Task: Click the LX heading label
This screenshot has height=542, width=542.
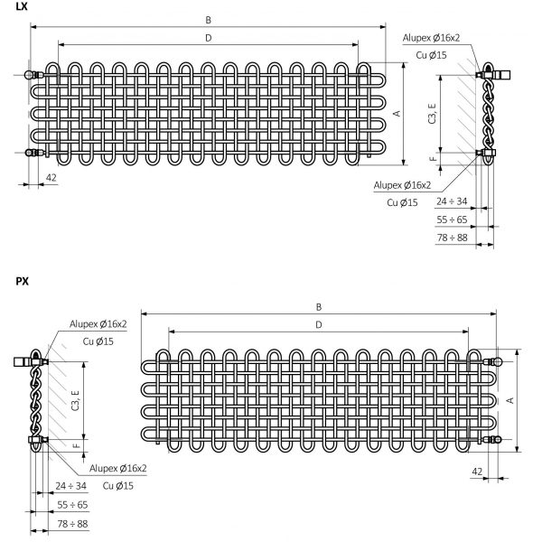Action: (22, 6)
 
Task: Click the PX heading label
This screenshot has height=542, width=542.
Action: (22, 281)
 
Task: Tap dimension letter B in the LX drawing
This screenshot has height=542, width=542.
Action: (208, 20)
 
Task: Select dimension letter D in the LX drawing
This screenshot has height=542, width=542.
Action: (208, 38)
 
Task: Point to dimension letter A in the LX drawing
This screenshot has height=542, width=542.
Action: (397, 114)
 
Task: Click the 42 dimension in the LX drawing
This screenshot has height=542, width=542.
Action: (51, 178)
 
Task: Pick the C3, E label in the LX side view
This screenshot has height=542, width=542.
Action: (432, 114)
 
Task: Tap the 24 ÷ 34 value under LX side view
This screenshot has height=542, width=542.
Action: (452, 201)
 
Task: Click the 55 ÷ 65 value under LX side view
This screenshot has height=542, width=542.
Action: (452, 220)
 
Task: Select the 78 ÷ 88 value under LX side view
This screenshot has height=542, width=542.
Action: (452, 238)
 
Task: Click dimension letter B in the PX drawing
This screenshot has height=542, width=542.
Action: (319, 307)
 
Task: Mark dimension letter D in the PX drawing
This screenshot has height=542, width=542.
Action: (319, 325)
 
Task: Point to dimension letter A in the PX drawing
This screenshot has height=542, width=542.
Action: (509, 400)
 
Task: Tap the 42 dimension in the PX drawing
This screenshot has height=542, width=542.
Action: (477, 472)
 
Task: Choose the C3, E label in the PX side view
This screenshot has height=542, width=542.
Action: (75, 400)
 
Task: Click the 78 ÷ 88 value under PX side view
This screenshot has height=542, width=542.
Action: (72, 524)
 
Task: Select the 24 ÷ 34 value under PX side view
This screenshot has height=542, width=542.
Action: (70, 486)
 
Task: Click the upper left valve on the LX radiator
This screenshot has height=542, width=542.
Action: (34, 75)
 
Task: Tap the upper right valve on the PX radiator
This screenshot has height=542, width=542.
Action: (492, 362)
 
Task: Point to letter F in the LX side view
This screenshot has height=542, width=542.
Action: (433, 159)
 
